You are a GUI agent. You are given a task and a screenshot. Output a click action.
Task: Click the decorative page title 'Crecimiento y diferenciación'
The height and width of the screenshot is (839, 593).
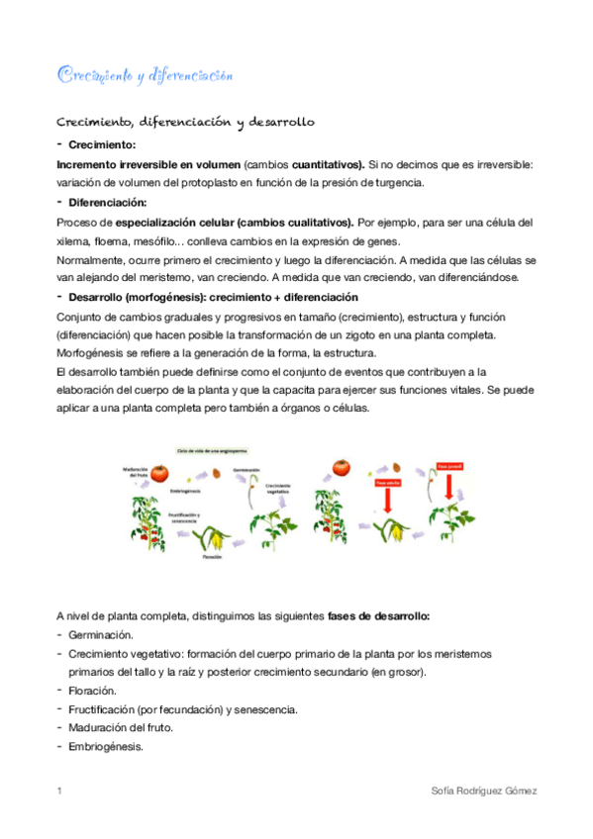tap(145, 75)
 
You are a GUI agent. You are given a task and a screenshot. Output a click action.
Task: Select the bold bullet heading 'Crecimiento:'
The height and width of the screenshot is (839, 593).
tap(103, 145)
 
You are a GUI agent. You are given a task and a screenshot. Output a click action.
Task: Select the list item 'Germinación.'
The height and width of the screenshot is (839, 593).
tap(101, 634)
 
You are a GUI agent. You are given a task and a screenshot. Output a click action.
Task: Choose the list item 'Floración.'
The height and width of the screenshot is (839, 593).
tap(93, 691)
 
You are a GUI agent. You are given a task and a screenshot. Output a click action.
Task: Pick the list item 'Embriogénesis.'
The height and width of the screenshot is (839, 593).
tap(106, 747)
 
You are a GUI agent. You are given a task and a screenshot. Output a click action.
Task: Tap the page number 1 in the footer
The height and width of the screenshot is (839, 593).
tap(59, 792)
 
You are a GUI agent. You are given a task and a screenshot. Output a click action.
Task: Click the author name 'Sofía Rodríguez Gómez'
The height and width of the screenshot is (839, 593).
tap(485, 792)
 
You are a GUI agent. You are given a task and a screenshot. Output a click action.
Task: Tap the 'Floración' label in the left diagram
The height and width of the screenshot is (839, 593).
tap(212, 557)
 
